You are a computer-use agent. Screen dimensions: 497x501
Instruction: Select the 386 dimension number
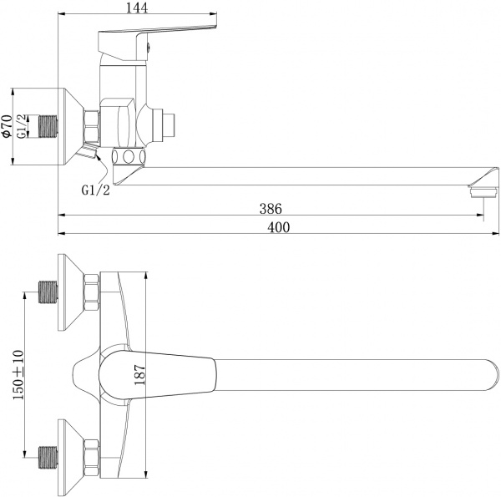coord(269,208)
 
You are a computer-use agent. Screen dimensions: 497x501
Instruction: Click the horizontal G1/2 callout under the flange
coord(95,190)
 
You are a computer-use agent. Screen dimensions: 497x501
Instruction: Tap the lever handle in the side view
coord(159,38)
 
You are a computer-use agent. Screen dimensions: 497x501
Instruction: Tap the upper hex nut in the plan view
coord(90,294)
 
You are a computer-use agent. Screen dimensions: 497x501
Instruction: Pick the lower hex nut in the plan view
coord(90,456)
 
